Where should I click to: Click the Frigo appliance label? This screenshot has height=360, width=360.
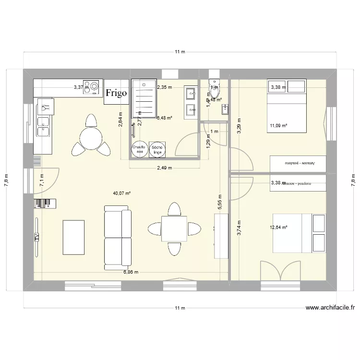[116, 93]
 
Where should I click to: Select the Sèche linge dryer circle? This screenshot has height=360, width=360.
[156, 150]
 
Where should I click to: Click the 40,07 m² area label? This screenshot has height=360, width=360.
[122, 193]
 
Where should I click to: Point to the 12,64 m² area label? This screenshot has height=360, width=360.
[278, 228]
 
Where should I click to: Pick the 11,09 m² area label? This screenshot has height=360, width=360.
[278, 126]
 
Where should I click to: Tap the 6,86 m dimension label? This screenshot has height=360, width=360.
[131, 272]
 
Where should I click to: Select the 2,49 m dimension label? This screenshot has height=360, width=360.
[164, 168]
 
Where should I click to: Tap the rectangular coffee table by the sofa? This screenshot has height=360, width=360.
[73, 237]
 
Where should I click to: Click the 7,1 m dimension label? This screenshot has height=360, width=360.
[42, 180]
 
